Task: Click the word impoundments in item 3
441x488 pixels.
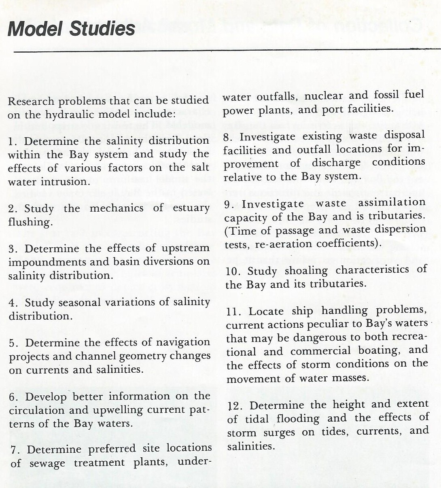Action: [x=47, y=262]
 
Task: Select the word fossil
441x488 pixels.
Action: [x=386, y=95]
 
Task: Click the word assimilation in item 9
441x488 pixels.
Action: [x=392, y=203]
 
